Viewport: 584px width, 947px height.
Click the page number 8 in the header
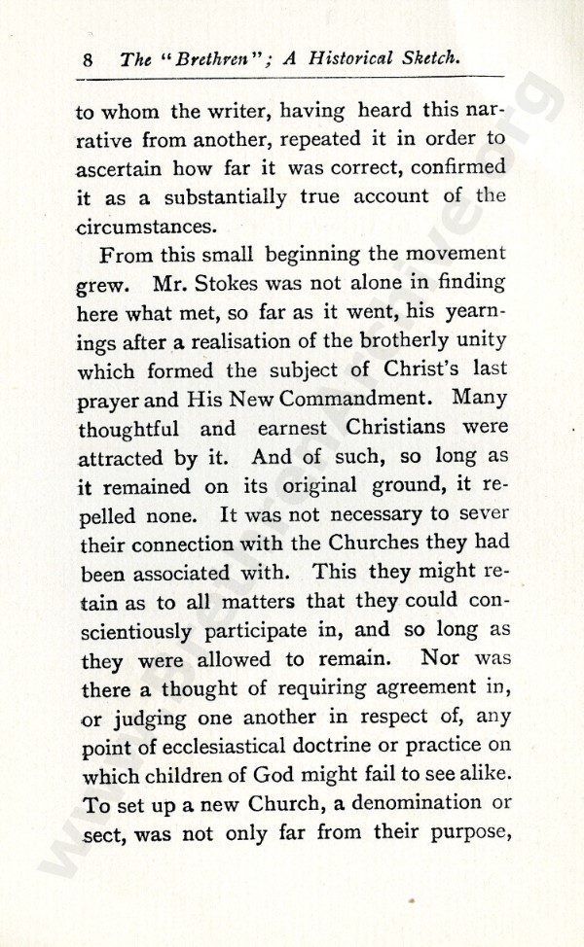click(x=88, y=59)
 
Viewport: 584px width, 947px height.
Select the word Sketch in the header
click(x=425, y=59)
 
